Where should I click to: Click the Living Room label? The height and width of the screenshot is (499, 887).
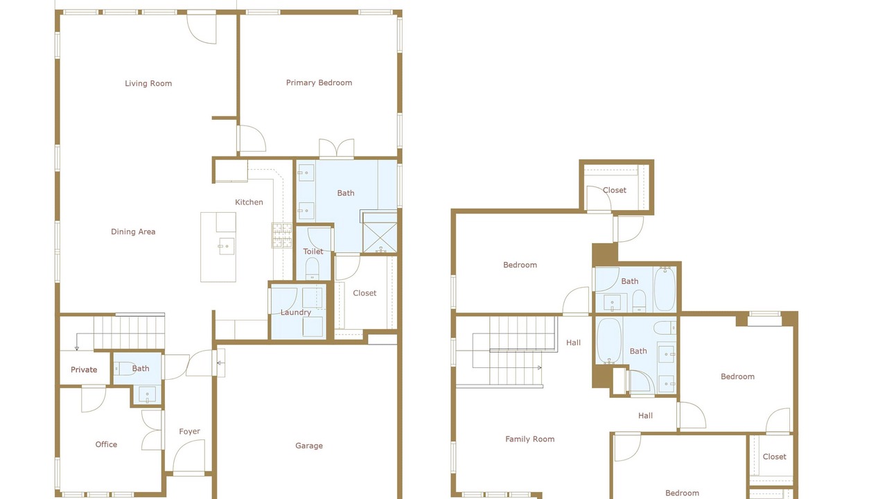point(148,84)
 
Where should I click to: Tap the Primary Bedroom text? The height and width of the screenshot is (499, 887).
point(319,82)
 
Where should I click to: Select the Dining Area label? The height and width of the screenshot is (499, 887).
point(133,231)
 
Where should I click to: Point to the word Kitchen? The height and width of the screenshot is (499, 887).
point(249,202)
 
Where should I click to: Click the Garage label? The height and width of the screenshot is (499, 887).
point(309,446)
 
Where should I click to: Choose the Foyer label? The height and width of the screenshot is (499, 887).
point(189,432)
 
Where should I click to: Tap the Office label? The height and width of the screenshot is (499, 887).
point(106,445)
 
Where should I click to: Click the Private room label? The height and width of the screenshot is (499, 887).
point(84,370)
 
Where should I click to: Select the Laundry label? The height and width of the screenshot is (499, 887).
point(296,313)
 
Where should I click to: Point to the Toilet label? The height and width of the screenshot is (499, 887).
point(313,252)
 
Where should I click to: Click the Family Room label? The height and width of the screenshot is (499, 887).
point(530,439)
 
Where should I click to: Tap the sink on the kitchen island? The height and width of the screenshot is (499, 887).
point(226,246)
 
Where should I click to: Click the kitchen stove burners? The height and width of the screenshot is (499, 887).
point(281,236)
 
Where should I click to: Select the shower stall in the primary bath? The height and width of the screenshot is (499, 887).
point(380,237)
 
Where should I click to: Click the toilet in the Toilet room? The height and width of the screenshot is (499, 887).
point(312,268)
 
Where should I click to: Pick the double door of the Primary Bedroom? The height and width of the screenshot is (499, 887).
point(337,148)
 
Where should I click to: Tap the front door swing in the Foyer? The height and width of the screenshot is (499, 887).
point(189,455)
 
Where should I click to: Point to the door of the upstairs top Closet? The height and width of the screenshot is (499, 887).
point(598,199)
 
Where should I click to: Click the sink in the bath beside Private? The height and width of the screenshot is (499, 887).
point(147,395)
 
